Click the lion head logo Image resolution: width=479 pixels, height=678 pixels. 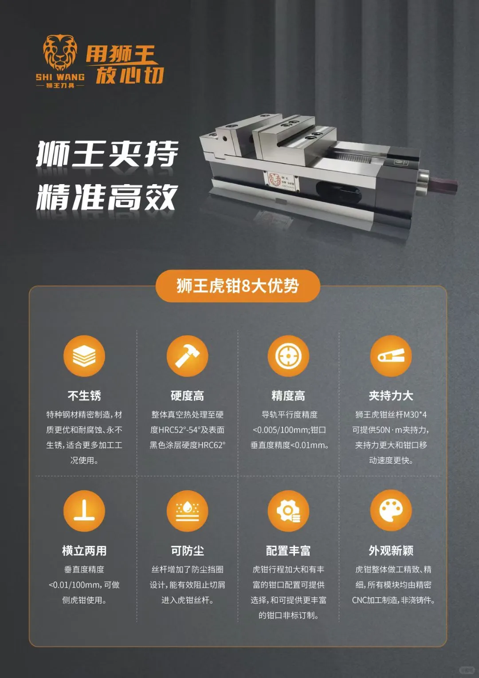coord(60,52)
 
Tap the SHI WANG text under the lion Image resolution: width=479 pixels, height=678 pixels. coord(60,77)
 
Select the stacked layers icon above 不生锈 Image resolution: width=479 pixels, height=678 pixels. coord(84,356)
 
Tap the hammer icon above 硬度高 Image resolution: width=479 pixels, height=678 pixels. coord(187,356)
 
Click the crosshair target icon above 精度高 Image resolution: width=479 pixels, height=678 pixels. coord(288,356)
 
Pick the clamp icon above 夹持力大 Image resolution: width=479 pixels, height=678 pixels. coord(391,356)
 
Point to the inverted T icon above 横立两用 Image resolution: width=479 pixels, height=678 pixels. coord(84,511)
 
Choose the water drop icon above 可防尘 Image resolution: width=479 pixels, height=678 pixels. coord(187,511)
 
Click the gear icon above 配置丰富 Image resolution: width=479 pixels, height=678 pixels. coord(288,511)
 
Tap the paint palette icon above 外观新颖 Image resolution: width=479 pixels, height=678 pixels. coord(391,511)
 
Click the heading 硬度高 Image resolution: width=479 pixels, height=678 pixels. coord(187,395)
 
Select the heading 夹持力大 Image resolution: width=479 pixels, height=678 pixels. coord(391,395)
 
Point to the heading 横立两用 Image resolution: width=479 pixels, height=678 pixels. coord(84,551)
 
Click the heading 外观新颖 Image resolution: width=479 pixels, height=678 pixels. coord(391,551)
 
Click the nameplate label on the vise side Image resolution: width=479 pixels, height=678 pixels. coord(281,180)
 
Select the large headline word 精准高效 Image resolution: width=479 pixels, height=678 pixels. coord(107,197)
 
